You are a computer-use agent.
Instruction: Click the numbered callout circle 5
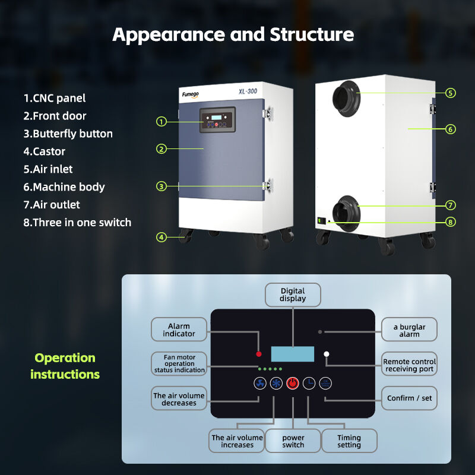tap(451, 93)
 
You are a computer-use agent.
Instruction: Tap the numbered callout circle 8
tap(451, 222)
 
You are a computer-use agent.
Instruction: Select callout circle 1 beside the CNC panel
tap(161, 122)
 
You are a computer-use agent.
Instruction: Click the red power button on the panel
tap(293, 384)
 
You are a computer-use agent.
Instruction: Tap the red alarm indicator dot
tap(259, 354)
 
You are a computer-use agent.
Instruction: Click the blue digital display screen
tap(293, 354)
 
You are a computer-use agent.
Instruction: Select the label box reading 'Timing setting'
tap(349, 441)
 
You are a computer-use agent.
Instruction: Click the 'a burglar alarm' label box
tap(409, 330)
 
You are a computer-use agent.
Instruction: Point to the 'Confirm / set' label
tap(409, 398)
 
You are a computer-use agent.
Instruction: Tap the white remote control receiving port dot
tap(326, 354)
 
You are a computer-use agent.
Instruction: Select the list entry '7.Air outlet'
tap(52, 205)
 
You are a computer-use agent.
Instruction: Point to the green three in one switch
tap(321, 221)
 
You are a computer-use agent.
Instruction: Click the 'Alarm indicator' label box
tap(179, 330)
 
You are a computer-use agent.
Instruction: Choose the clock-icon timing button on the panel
tap(309, 384)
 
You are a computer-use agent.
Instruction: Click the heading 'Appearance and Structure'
tap(233, 34)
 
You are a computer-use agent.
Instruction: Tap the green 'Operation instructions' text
tap(65, 366)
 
